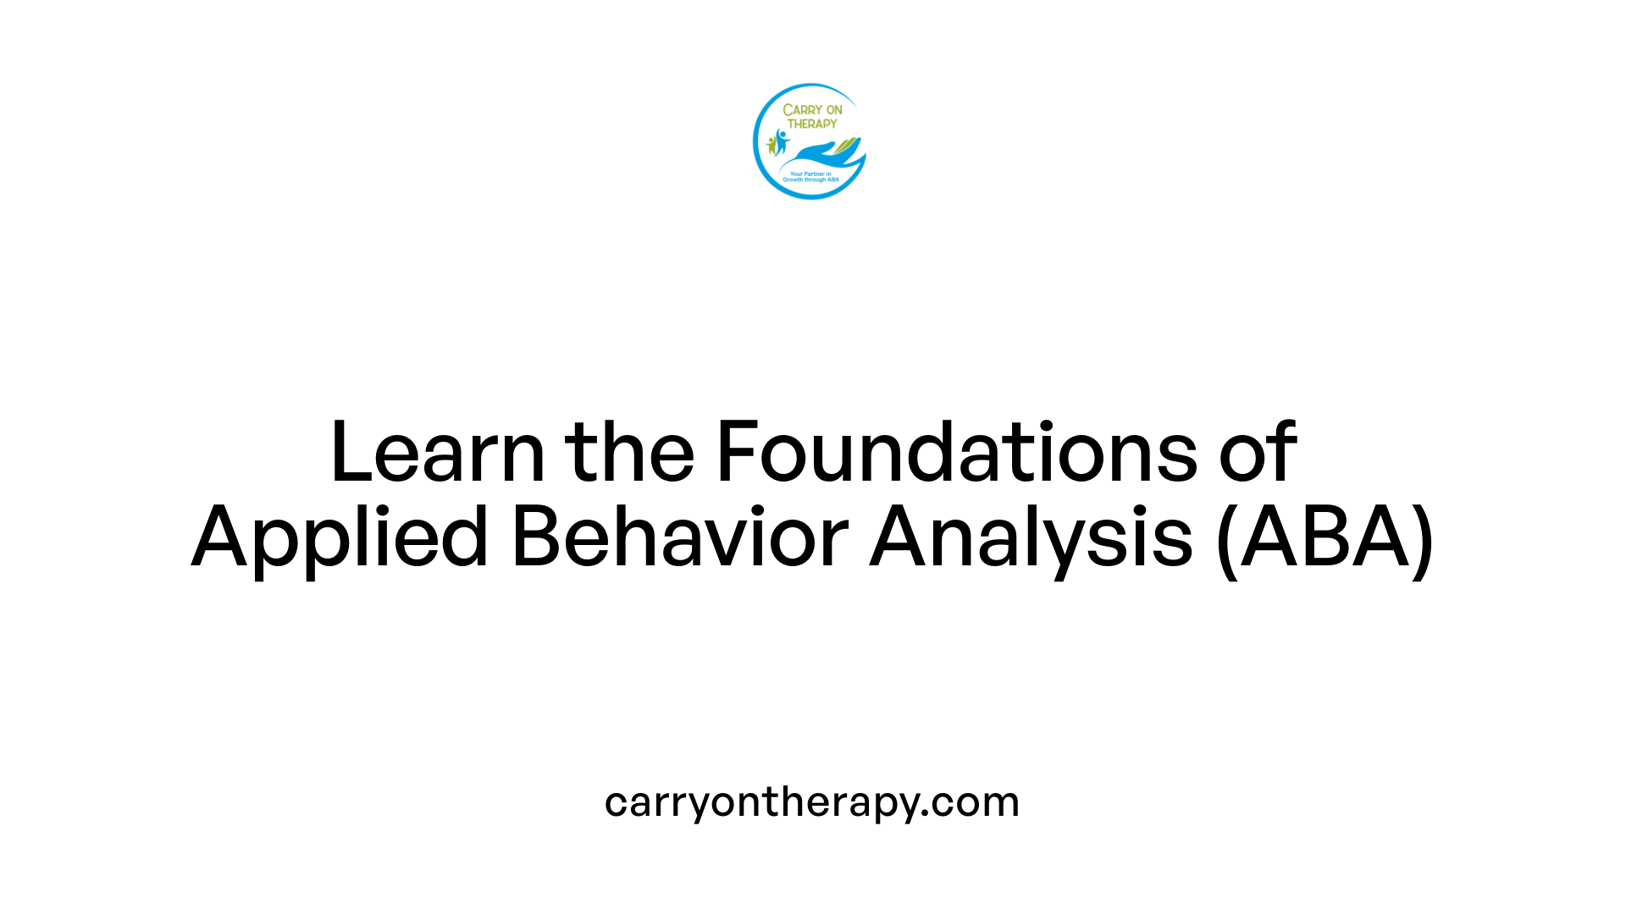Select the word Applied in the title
point(340,538)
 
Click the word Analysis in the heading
point(1031,538)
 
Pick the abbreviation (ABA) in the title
point(1325,538)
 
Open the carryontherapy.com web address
point(811,802)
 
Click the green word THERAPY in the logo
point(812,124)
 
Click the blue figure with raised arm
point(781,140)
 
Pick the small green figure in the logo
point(772,145)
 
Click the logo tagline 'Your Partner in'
point(810,173)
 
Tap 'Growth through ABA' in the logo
point(810,179)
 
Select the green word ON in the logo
point(834,110)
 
